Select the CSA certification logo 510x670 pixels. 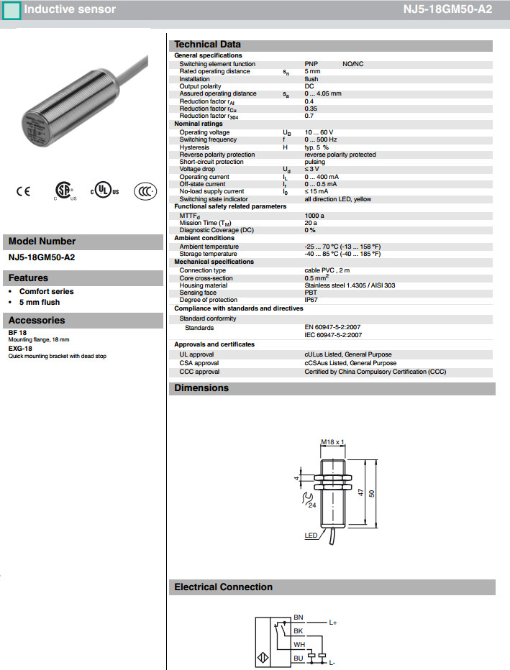point(66,189)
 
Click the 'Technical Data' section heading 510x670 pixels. point(207,45)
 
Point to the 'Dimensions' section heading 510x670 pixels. point(201,388)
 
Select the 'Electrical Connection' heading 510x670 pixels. point(223,587)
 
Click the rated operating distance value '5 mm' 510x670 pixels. point(312,71)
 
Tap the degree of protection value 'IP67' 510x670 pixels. point(311,300)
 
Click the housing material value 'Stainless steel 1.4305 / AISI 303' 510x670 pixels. point(350,285)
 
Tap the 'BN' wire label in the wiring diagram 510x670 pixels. point(299,618)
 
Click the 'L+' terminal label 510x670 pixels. point(333,622)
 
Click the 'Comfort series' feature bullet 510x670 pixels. point(46,292)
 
